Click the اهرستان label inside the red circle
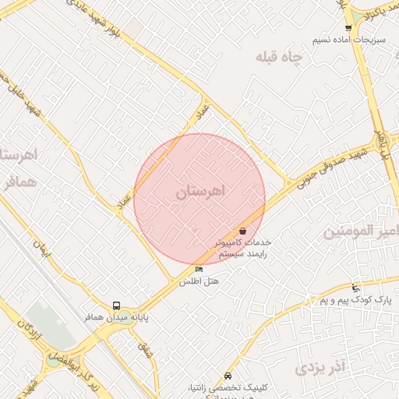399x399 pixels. tap(199, 192)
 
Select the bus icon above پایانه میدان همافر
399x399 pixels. tap(116, 306)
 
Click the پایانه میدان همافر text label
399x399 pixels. tap(117, 318)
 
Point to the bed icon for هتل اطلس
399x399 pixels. tap(199, 270)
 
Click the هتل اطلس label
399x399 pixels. tap(199, 281)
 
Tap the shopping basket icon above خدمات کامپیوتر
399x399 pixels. tap(243, 231)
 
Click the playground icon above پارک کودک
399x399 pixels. tap(355, 288)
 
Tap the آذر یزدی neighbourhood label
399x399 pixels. tap(323, 365)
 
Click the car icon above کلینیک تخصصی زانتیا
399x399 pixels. tap(227, 376)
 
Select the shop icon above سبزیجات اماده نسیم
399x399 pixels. tap(348, 28)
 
